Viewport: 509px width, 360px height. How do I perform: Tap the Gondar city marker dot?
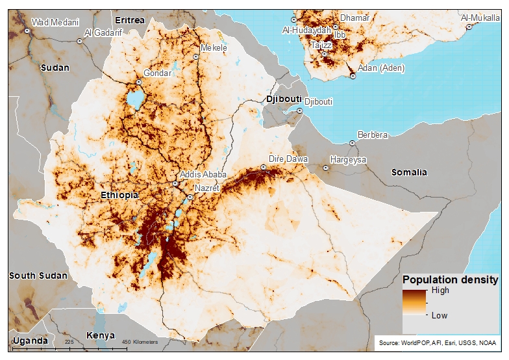[139, 83]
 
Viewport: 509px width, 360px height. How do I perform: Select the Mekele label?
[214, 48]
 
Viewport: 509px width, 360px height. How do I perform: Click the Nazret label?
[208, 188]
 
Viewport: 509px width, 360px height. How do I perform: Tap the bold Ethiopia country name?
[119, 196]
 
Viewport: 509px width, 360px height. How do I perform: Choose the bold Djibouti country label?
[284, 99]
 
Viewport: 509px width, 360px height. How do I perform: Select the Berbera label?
[373, 135]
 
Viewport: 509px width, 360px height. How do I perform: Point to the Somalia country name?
[409, 172]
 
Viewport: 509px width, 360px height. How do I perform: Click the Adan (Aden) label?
[380, 68]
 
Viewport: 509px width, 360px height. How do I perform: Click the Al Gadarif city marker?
[80, 41]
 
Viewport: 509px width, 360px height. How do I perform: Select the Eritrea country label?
[130, 21]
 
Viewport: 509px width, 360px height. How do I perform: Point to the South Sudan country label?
[38, 276]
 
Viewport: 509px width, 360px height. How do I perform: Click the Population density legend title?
[451, 280]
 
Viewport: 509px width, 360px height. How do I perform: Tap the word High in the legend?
[440, 290]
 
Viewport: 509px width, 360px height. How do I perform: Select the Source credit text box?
[437, 342]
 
